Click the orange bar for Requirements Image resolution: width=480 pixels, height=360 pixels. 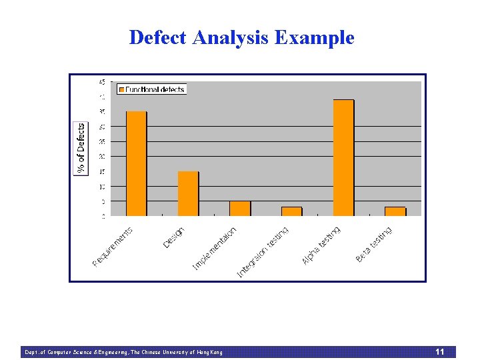click(x=137, y=164)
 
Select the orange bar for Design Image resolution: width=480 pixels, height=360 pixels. click(x=188, y=194)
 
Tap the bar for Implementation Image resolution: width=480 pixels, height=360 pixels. click(x=240, y=209)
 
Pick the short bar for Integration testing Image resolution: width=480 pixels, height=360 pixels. click(x=291, y=211)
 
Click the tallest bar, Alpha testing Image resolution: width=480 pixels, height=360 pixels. click(x=343, y=158)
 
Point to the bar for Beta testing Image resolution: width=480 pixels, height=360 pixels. click(x=395, y=211)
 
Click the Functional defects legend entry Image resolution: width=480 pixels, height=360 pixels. click(x=152, y=89)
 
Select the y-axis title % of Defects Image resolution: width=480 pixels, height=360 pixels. click(x=81, y=149)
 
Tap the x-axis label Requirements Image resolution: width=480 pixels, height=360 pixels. click(x=113, y=247)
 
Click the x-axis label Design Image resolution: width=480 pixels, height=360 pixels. click(x=174, y=237)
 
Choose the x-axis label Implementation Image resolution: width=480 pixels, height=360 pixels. click(x=215, y=248)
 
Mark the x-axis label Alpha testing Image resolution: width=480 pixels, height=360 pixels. click(x=321, y=245)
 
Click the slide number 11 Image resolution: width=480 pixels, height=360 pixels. click(x=439, y=351)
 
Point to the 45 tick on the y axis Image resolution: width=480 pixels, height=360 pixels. click(x=101, y=82)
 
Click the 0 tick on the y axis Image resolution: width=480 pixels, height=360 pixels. click(x=103, y=216)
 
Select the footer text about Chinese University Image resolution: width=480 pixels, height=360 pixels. click(x=123, y=352)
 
